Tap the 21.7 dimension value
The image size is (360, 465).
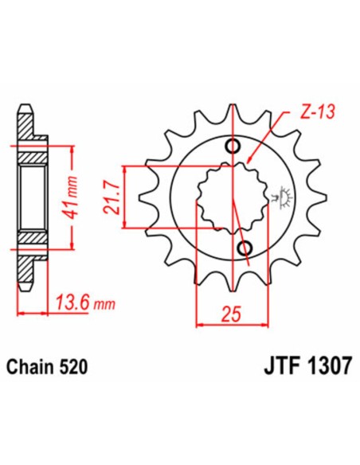pos(111,197)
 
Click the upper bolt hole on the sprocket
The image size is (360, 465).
pos(233,147)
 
